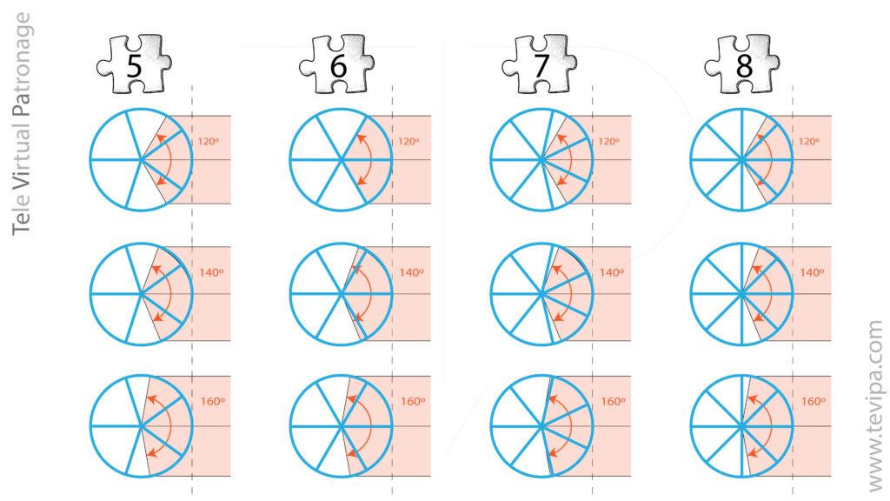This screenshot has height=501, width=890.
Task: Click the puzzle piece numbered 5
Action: (x=133, y=63)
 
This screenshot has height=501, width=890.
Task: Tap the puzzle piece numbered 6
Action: (x=336, y=63)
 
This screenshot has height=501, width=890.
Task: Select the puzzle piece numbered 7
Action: (x=540, y=63)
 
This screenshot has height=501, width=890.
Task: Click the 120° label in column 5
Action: (x=206, y=141)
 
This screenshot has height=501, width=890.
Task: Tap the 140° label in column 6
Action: (x=411, y=272)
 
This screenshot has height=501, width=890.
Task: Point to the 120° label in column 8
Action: (x=812, y=141)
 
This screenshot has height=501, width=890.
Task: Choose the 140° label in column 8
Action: (x=812, y=272)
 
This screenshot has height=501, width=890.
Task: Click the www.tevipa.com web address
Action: (x=873, y=404)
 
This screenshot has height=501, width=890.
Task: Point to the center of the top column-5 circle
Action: (x=142, y=160)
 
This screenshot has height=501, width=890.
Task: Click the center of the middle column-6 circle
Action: (x=342, y=294)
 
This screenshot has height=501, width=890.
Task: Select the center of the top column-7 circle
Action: (x=541, y=160)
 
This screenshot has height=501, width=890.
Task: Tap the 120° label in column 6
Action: (x=408, y=141)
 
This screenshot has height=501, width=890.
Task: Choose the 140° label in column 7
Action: (x=612, y=272)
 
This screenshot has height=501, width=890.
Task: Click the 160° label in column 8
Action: (x=812, y=402)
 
